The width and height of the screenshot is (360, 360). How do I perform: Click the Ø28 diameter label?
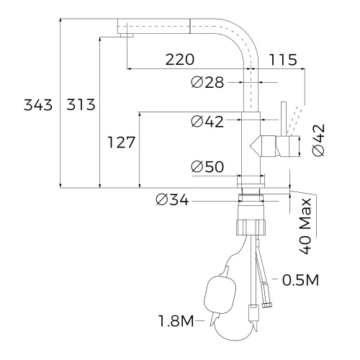[208, 84]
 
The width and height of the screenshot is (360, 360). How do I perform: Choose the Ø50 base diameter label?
[207, 167]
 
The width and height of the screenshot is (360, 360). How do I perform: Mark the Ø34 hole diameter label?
[171, 201]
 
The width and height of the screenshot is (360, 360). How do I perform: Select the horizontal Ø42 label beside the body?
[208, 122]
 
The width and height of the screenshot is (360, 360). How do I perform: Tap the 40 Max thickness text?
[306, 225]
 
